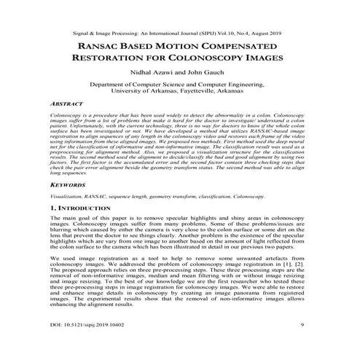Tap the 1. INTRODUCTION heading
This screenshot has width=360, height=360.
pos(84,209)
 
